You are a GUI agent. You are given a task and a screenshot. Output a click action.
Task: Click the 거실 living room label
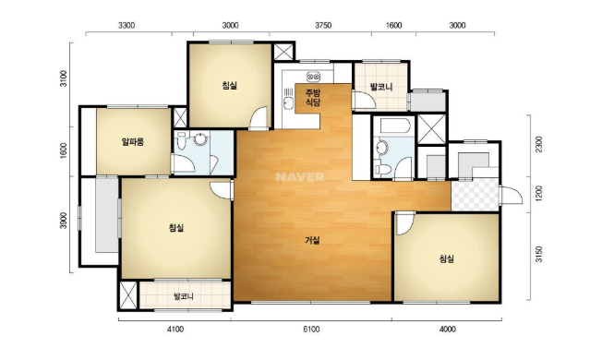point(312,241)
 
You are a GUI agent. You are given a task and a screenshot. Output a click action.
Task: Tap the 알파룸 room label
point(132,142)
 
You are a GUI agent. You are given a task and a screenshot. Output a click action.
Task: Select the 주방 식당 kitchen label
point(313,98)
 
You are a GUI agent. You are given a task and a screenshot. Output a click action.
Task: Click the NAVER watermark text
point(300,176)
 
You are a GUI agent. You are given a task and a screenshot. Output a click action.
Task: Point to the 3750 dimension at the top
point(323,25)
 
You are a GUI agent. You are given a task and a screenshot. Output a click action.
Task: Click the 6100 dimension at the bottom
point(311,330)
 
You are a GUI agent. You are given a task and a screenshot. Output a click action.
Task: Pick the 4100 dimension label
point(175,330)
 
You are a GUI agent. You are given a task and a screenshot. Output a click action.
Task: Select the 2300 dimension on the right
point(539,144)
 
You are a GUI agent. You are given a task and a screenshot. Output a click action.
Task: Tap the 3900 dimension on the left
point(64,221)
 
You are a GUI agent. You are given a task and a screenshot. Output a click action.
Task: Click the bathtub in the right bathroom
point(394,126)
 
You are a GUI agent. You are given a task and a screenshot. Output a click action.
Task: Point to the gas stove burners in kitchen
point(313,77)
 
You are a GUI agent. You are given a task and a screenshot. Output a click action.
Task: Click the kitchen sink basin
point(287,102)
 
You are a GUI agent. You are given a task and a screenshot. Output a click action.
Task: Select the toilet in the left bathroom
point(181,140)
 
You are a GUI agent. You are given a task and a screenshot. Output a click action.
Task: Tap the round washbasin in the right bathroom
point(382,148)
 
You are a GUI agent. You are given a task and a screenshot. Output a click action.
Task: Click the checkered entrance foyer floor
point(475,195)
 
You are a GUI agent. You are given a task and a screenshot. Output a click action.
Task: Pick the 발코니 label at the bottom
point(184,296)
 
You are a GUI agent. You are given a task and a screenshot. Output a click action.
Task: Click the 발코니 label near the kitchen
point(381,87)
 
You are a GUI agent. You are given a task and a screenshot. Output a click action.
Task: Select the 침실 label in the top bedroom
point(229,85)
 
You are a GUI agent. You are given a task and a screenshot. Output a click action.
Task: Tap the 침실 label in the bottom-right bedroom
point(447,258)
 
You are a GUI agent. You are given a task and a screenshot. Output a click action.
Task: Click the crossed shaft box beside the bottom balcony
point(127,295)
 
